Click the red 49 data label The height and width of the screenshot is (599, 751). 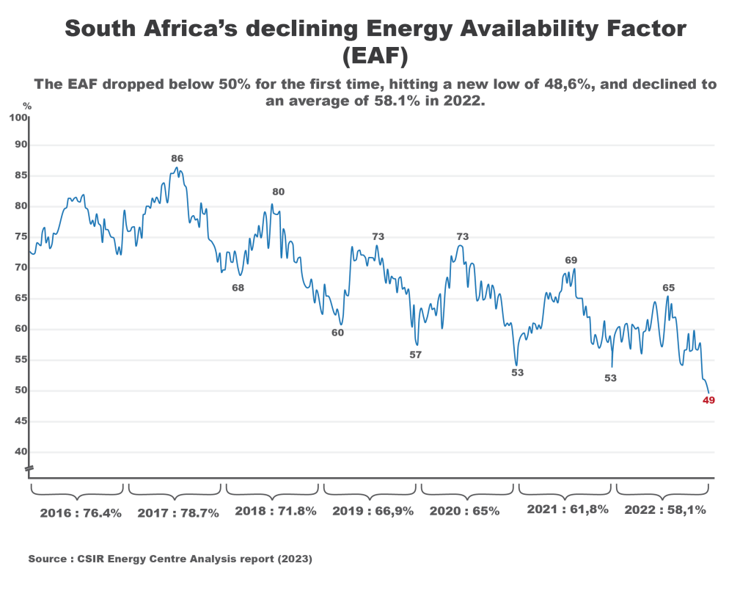tap(708, 401)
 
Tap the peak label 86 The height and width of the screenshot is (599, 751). tap(177, 158)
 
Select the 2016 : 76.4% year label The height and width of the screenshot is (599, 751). tap(81, 512)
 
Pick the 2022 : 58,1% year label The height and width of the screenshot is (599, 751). tap(665, 510)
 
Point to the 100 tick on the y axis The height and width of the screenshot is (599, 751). tap(18, 117)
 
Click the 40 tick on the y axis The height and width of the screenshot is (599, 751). tap(21, 452)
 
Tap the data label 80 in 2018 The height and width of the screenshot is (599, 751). tap(278, 192)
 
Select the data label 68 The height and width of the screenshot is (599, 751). tap(238, 288)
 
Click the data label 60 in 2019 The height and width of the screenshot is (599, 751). tap(337, 333)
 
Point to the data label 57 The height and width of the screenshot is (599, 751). tap(415, 355)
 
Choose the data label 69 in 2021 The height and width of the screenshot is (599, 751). tap(571, 260)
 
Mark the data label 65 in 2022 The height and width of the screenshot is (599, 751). tap(668, 288)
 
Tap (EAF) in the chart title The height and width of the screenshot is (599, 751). tap(375, 56)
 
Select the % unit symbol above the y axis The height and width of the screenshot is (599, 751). tap(27, 106)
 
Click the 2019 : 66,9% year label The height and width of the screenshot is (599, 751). tap(373, 511)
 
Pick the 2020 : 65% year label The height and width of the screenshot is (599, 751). tap(464, 511)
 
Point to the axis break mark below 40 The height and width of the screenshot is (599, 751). tap(29, 468)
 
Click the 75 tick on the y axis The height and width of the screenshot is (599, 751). tap(21, 237)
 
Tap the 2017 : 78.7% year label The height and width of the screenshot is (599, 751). tap(178, 513)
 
